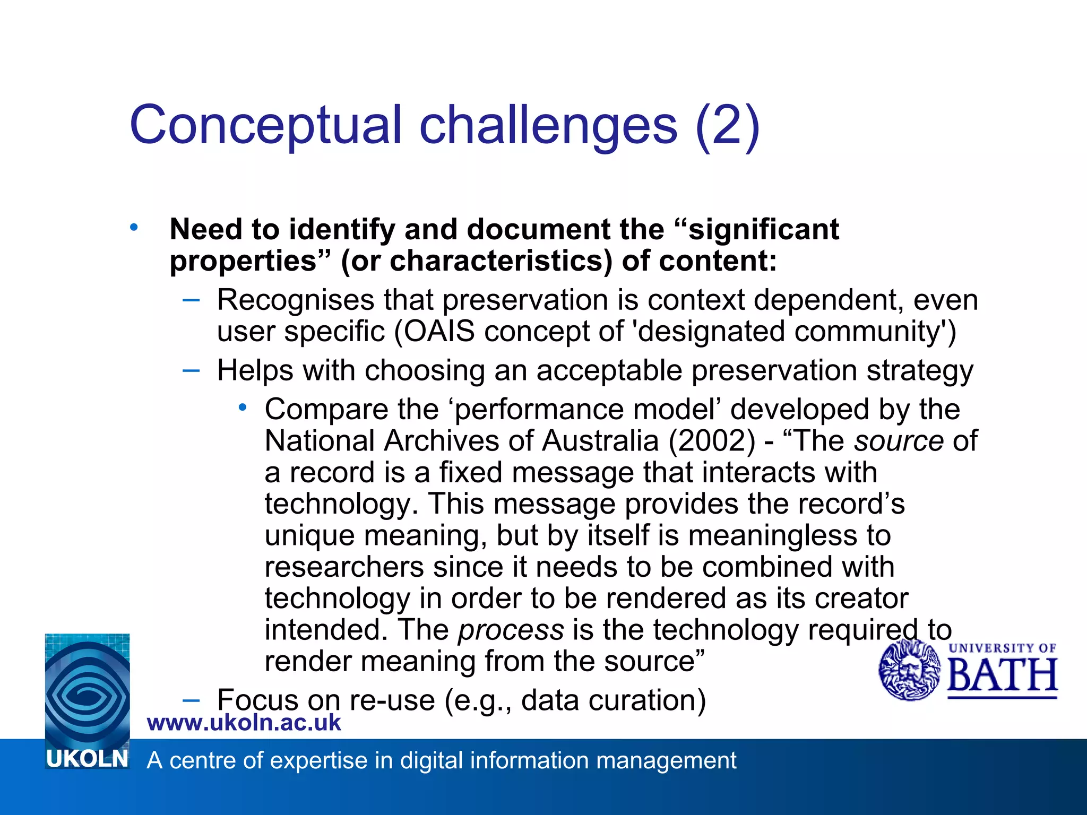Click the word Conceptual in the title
point(265,125)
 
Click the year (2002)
point(711,441)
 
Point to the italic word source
point(899,441)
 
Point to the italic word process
point(511,630)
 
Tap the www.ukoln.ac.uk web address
point(244,723)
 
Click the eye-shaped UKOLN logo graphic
point(87,690)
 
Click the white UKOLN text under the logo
point(87,759)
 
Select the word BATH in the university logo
point(1002,675)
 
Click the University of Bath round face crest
point(909,670)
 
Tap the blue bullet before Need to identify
point(134,228)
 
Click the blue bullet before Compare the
point(243,407)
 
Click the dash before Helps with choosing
point(191,370)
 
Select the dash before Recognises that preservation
point(191,300)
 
